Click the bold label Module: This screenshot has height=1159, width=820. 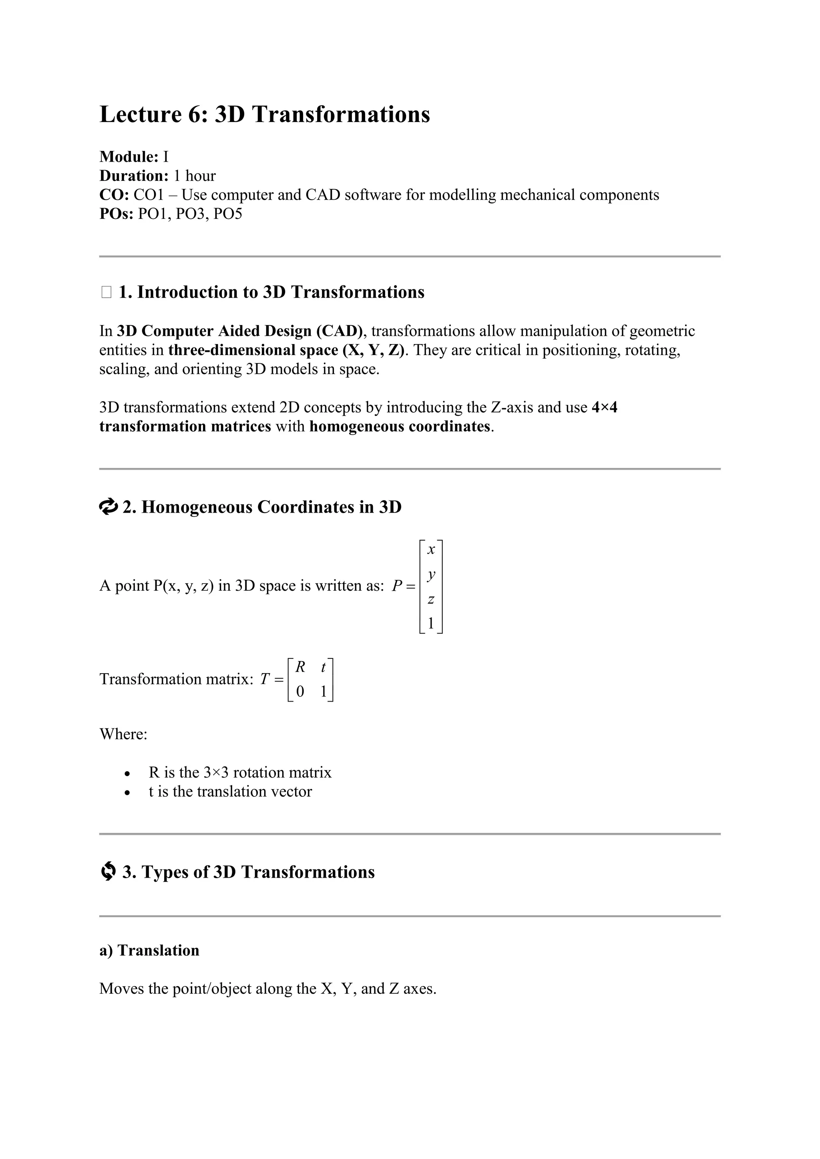tap(129, 156)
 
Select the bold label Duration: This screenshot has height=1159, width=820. tap(134, 176)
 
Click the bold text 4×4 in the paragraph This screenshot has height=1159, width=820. tap(605, 407)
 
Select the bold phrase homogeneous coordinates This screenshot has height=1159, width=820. tap(400, 427)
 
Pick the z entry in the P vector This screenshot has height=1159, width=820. tap(431, 600)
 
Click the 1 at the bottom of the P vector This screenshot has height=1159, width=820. tap(431, 624)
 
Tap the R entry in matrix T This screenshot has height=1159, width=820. tap(300, 667)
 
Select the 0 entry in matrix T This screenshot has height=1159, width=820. tap(300, 691)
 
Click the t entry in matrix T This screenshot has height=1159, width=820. tap(323, 667)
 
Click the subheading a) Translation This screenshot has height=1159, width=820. tap(149, 950)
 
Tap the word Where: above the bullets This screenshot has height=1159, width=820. tap(123, 734)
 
